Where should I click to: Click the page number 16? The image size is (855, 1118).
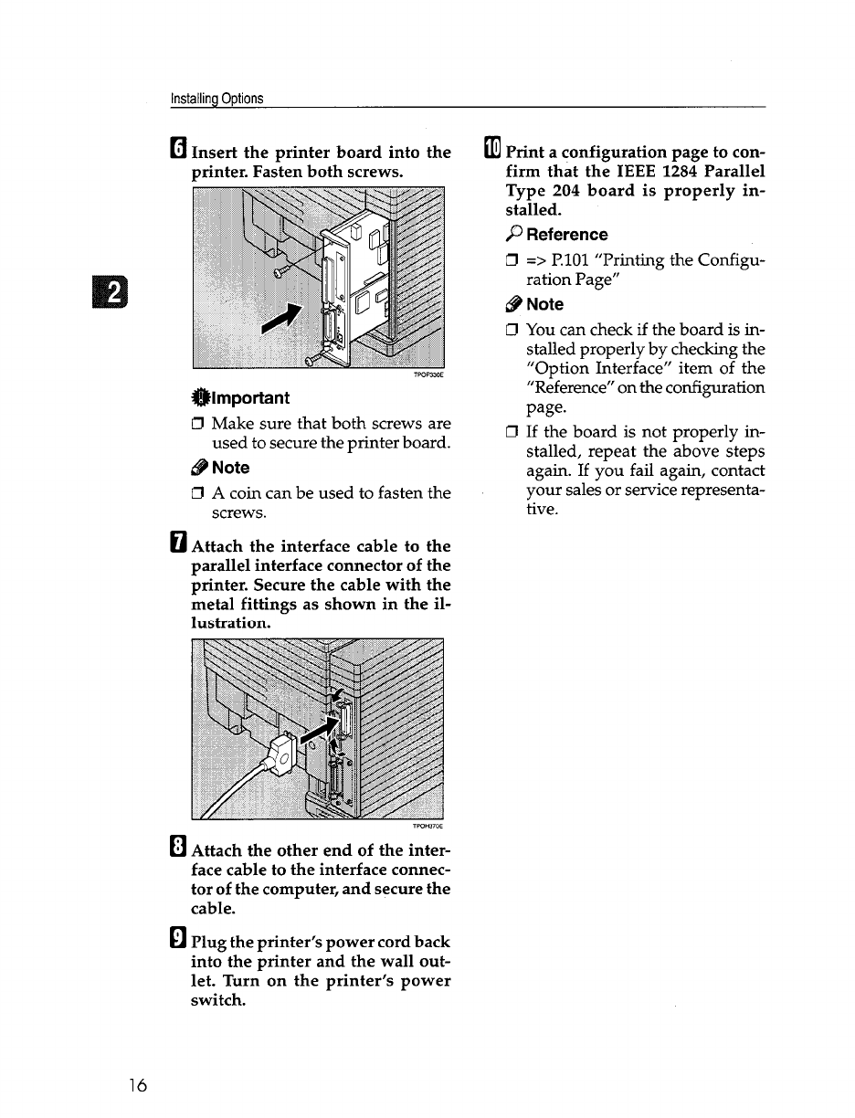pos(138,1084)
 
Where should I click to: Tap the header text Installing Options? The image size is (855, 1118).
pos(217,99)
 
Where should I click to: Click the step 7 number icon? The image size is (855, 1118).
pos(179,545)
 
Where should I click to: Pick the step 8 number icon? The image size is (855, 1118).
pos(179,850)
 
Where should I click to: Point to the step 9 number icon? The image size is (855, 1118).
pos(179,942)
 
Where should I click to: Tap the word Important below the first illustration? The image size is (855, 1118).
pos(250,397)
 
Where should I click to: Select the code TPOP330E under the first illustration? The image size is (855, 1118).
pos(428,374)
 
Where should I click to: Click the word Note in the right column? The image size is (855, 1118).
pos(545,304)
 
